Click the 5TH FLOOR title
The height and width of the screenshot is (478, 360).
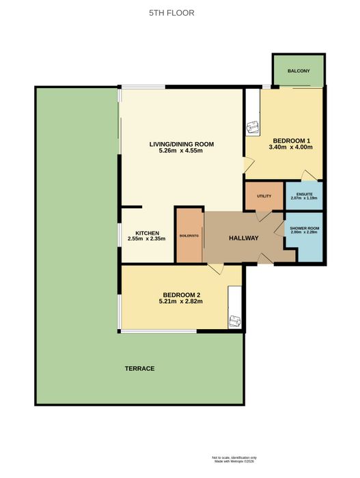coord(171,13)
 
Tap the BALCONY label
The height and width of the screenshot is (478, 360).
coord(299,71)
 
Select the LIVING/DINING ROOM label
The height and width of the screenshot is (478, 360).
coord(182,144)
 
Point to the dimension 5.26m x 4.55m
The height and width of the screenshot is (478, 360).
coord(181,151)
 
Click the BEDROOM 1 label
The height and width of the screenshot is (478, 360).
coord(292,141)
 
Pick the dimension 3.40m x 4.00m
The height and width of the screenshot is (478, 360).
coord(290,147)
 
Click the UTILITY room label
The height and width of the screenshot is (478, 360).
coord(264,196)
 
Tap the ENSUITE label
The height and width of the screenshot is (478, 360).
coord(304,194)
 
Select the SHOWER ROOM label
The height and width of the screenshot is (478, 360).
coord(304,228)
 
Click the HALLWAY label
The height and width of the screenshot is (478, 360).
coord(243,238)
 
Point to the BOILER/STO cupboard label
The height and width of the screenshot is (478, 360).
coord(189,236)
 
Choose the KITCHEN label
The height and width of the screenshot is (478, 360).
coord(147,233)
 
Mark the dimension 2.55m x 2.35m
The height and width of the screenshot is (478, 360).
coord(146,239)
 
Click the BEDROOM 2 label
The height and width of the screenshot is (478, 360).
coord(181,295)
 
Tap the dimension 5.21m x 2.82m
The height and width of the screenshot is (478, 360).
coord(181,301)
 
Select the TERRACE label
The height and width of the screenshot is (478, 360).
coord(140,368)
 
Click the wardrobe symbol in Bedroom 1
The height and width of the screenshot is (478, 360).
coord(253,126)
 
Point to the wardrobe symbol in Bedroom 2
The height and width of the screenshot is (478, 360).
coord(235,322)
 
